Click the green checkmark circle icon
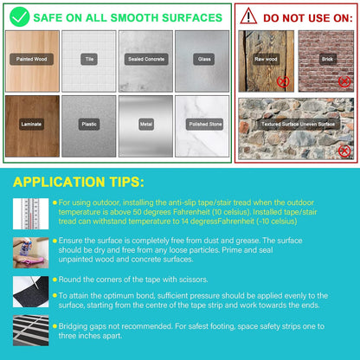20,17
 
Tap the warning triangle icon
248,16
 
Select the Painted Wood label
31,59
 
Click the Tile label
89,59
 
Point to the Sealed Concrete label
146,59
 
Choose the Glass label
204,59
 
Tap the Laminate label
31,124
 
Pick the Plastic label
89,124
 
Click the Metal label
146,124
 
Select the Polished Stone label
205,124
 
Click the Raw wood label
266,59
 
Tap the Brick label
327,59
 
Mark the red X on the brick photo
344,81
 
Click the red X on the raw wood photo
283,81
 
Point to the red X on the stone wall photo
344,151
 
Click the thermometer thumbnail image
30,214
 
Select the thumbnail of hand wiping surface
30,253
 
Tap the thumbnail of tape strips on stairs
30,331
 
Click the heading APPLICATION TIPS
79,182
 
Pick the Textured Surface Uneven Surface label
298,124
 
